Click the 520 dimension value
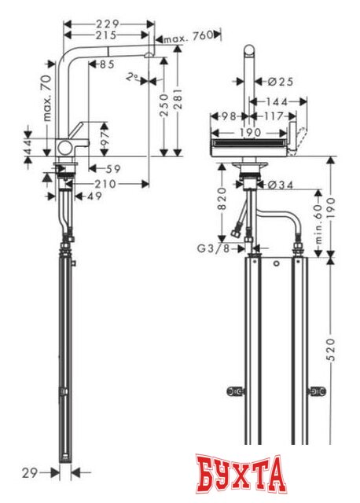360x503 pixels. point(331,346)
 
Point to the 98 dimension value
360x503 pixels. point(229,116)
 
